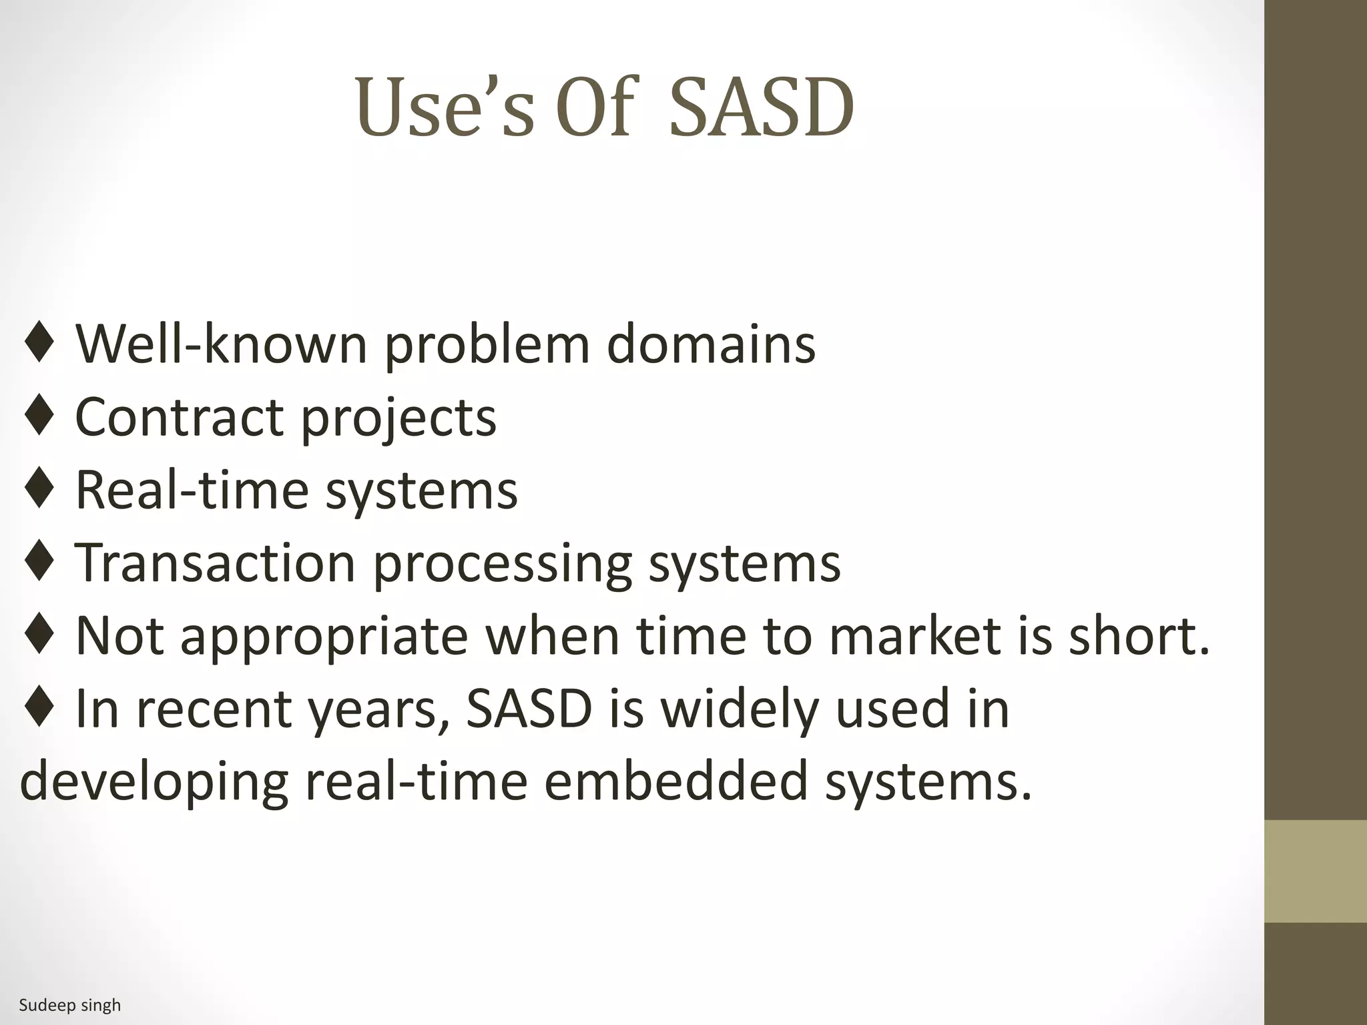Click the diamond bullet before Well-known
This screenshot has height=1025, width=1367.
point(39,344)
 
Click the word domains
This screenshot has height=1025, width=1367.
point(710,344)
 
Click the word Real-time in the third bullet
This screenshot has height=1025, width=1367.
point(192,490)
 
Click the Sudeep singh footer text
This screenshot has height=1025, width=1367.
point(70,1005)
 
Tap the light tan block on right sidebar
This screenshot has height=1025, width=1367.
point(1316,871)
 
